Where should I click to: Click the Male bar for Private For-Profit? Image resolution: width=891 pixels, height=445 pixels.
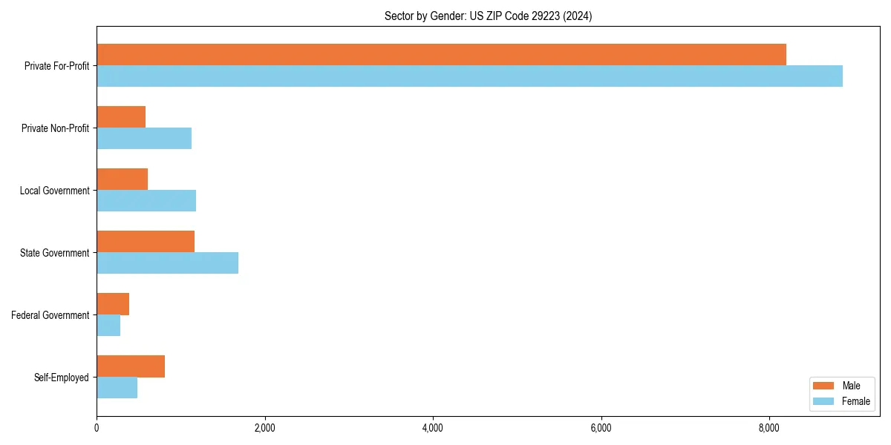pos(441,55)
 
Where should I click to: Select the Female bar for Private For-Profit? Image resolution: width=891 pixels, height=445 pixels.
pos(469,76)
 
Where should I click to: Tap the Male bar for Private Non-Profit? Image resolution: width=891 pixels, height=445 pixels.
pos(121,117)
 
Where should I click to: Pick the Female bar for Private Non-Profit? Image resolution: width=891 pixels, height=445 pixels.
pos(144,138)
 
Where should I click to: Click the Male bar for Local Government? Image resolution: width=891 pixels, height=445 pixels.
pos(123,179)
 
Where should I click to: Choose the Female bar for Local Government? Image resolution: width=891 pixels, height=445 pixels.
pos(146,200)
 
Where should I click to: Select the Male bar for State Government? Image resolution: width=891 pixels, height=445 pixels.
pos(146,242)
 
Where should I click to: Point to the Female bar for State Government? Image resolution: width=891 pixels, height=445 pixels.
pos(167,263)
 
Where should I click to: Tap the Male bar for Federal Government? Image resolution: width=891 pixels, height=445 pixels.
pos(113,304)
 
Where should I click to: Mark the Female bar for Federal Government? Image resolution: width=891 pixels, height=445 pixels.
pos(108,325)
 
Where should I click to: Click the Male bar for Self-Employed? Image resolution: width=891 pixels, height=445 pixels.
pos(131,366)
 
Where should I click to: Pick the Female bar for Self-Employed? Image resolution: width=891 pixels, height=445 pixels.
pos(117,387)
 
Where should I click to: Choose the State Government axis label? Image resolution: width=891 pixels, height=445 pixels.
pos(54,253)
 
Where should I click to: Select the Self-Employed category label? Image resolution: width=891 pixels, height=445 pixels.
pos(61,378)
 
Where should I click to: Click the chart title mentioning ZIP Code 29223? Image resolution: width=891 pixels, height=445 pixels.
pos(488,16)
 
